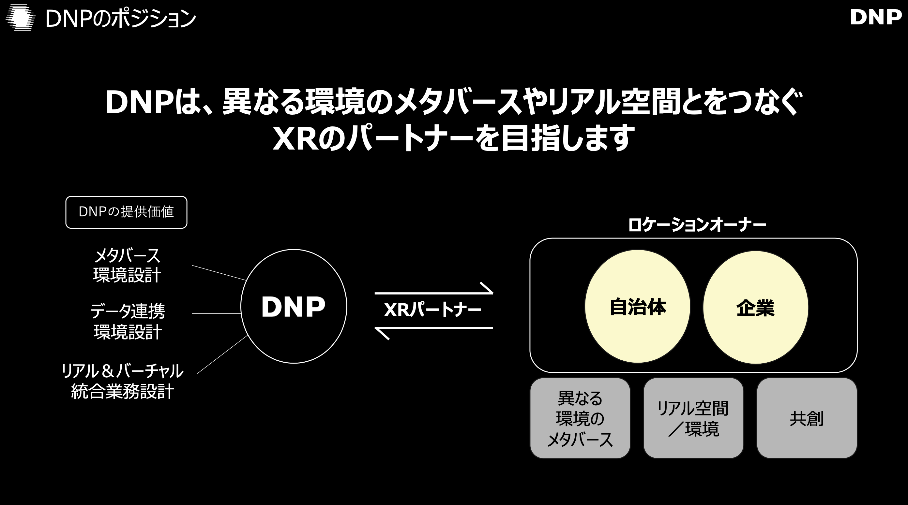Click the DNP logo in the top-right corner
coord(876,17)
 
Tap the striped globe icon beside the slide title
coord(21,18)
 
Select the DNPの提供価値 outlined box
coord(126,212)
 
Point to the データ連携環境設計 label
coord(128,321)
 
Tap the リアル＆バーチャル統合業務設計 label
coord(122,381)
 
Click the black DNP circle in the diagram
coord(294,306)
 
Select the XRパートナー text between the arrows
coord(432,310)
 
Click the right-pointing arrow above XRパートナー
coord(433,292)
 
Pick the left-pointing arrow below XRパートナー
coord(433,328)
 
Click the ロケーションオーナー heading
coord(697,225)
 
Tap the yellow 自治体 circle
coord(637,306)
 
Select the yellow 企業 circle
coord(755,307)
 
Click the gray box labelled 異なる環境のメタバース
coord(580,418)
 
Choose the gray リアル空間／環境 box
coord(693,418)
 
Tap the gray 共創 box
coord(807,418)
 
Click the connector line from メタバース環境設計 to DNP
coord(219,273)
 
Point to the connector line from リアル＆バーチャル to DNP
coord(222,354)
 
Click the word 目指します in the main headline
coord(567,138)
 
